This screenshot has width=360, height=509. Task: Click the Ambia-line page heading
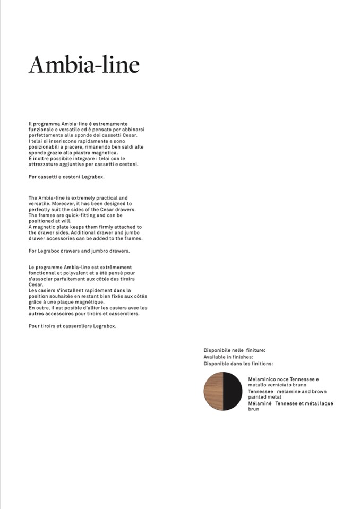pyautogui.click(x=84, y=65)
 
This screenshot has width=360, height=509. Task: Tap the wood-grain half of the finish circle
pyautogui.click(x=213, y=391)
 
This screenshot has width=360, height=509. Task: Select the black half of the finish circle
pyautogui.click(x=233, y=391)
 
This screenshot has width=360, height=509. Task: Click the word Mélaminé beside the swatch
pyautogui.click(x=260, y=403)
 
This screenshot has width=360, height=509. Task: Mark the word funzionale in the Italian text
pyautogui.click(x=40, y=129)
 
